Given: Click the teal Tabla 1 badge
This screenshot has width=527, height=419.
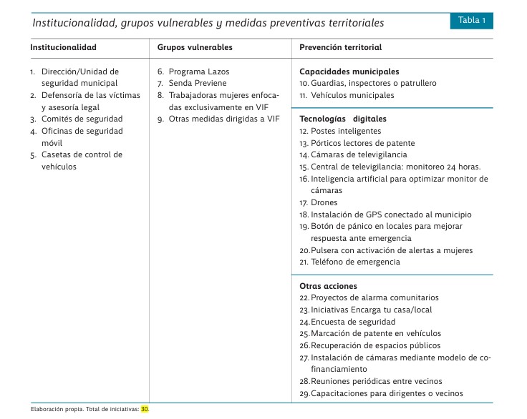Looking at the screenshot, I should [x=472, y=21].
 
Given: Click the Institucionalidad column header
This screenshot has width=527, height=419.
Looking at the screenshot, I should [x=63, y=48].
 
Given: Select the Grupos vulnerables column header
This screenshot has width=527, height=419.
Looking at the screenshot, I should [x=195, y=48].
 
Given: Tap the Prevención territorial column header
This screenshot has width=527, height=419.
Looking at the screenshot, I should [x=340, y=48].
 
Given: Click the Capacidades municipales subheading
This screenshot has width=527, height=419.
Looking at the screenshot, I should [x=349, y=72].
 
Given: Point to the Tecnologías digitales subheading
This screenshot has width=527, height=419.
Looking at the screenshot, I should [x=343, y=119].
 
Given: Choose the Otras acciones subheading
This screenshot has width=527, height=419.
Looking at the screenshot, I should [x=328, y=286].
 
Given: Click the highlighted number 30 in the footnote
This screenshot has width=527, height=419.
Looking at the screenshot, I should [x=145, y=410].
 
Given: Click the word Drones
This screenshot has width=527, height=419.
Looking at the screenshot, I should [x=324, y=202].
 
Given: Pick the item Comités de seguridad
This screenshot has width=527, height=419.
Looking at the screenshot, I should [x=82, y=119].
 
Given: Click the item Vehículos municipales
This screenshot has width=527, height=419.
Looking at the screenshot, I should [x=352, y=95].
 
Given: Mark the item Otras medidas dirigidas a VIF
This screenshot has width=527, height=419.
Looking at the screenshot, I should [x=223, y=119].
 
